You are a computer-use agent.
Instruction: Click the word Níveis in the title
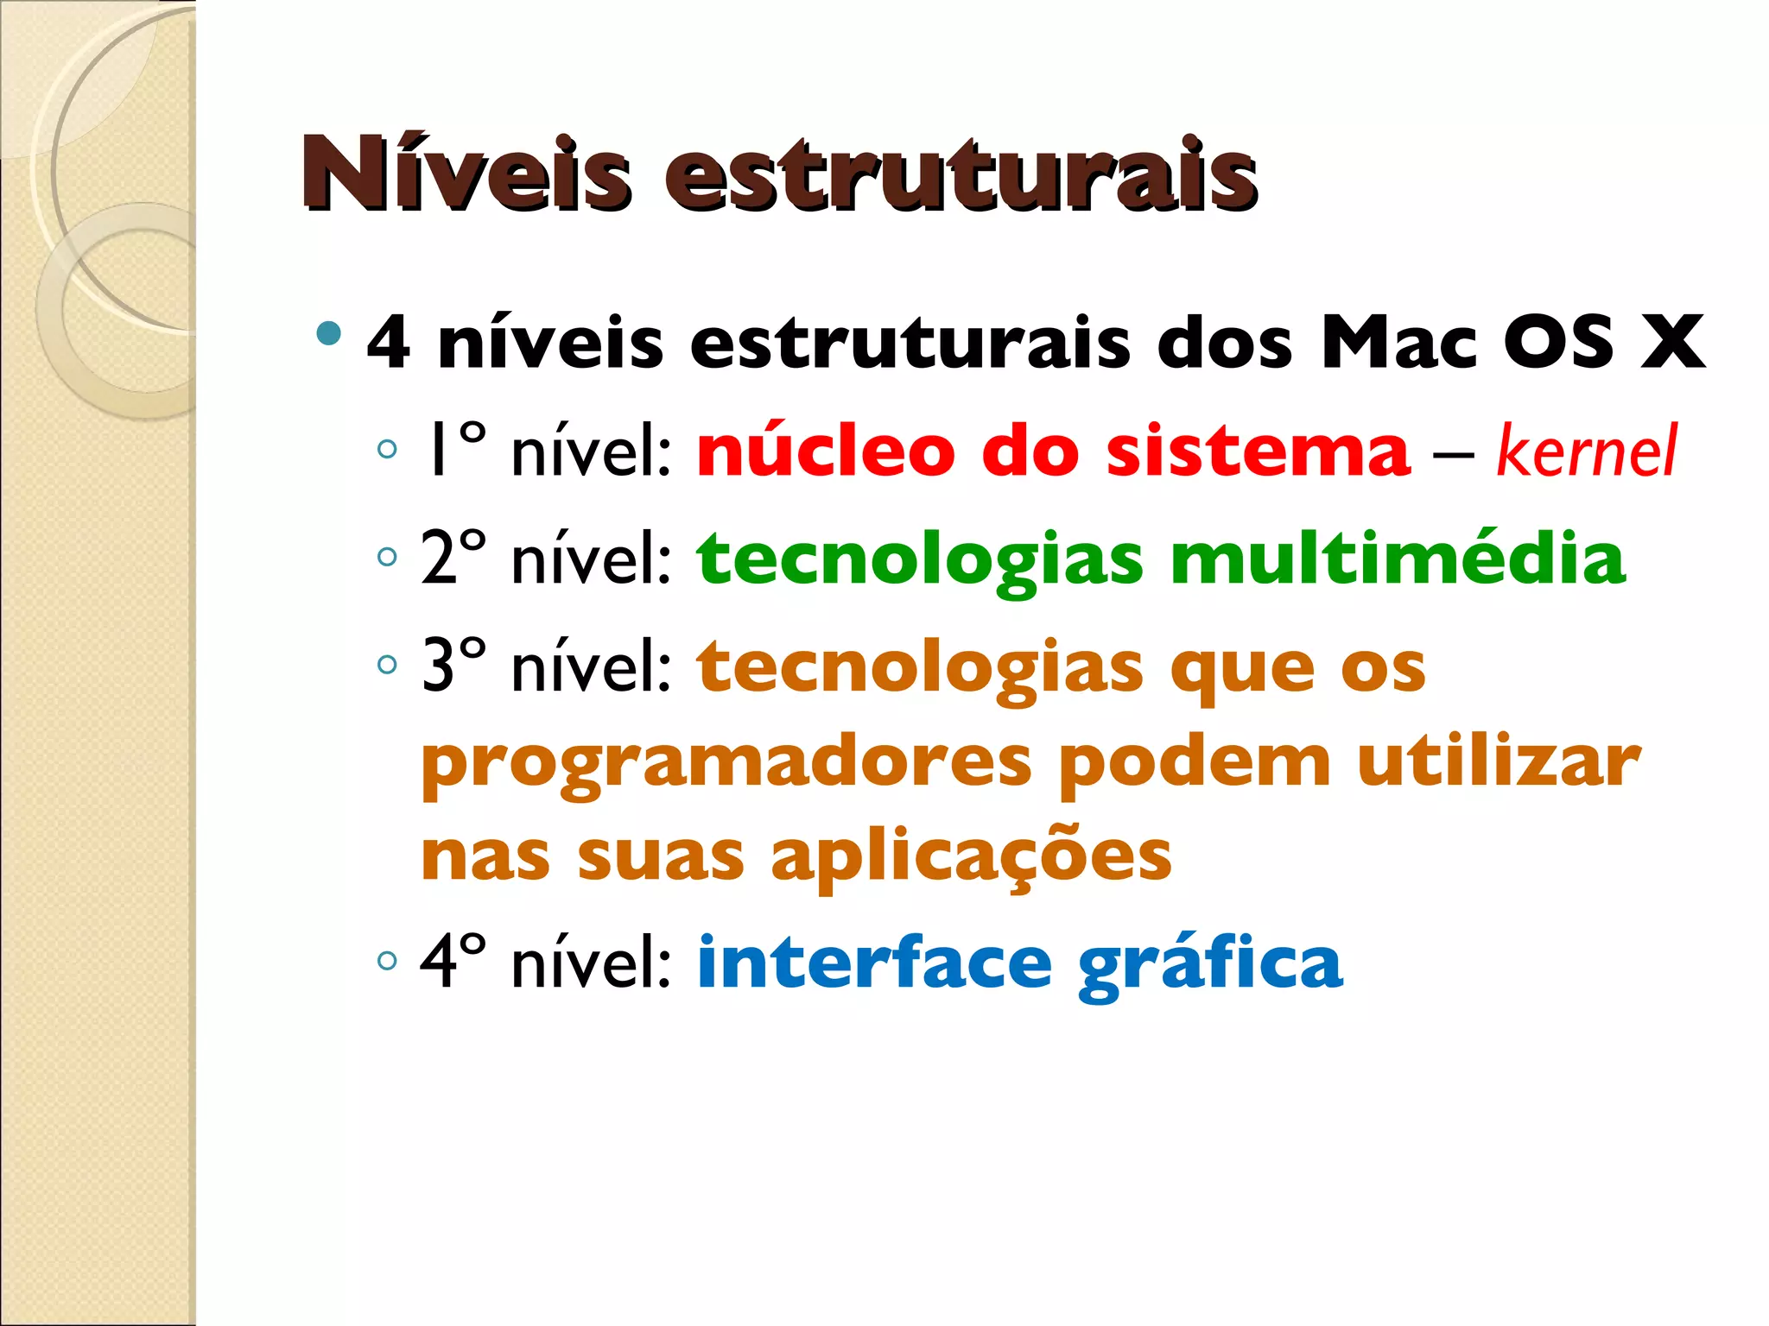466,175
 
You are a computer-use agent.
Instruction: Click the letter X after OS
1672,343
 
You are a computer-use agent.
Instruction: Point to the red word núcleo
826,450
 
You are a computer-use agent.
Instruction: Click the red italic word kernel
1586,451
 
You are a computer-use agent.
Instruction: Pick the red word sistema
1257,451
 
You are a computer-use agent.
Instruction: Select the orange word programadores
726,765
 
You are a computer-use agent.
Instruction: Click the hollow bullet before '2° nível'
387,557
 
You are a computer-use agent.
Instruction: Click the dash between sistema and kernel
1453,454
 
